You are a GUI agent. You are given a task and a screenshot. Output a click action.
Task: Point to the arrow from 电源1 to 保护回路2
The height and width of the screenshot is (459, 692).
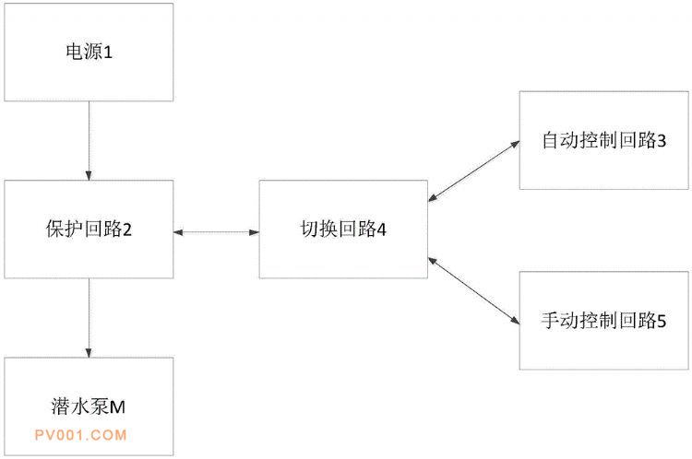click(x=89, y=139)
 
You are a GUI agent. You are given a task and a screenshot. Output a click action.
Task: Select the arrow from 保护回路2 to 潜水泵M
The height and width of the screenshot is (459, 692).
click(x=89, y=318)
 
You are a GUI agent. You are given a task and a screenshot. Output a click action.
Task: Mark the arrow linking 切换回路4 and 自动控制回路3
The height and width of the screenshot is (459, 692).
click(x=473, y=171)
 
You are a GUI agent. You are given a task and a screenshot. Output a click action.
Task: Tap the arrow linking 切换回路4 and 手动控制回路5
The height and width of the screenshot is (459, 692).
click(x=473, y=291)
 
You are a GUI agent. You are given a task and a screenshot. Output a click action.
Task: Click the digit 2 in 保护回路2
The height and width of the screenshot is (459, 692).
click(x=127, y=229)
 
